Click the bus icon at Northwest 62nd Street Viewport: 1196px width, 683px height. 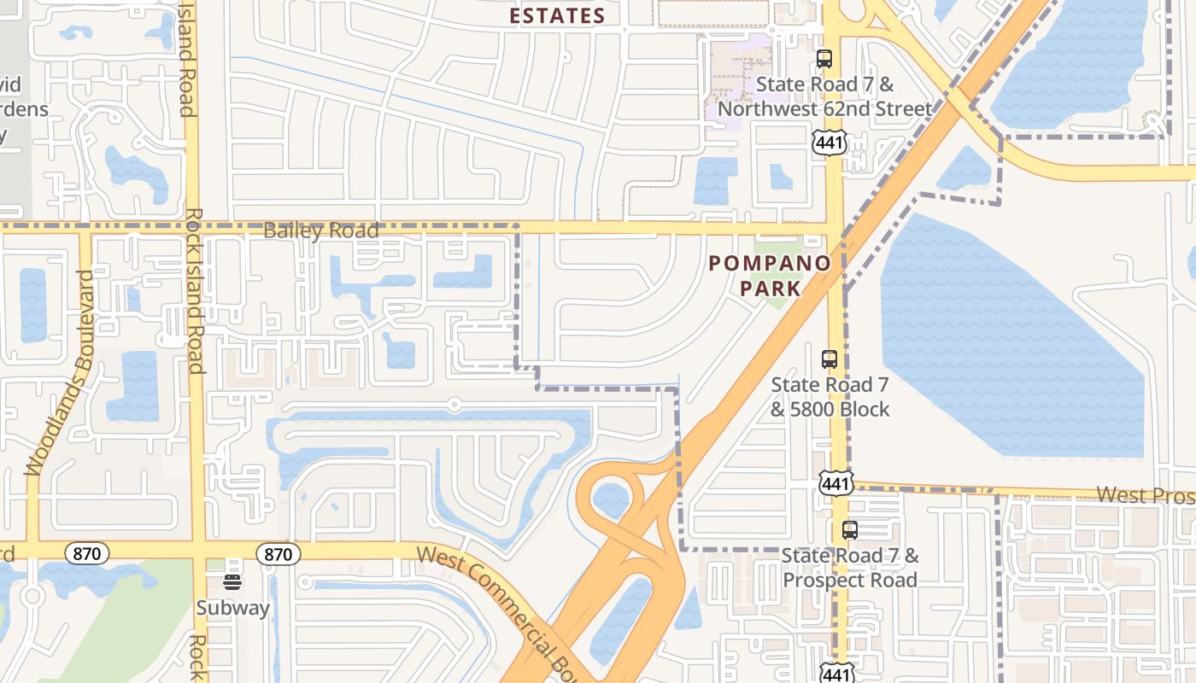[824, 59]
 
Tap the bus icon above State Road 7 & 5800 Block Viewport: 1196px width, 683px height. [829, 359]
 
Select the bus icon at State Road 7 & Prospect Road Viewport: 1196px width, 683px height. [849, 529]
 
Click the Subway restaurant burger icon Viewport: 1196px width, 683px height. [232, 582]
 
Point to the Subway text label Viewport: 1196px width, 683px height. [233, 608]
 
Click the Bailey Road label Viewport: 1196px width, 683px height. [320, 231]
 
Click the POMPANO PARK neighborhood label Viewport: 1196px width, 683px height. [770, 275]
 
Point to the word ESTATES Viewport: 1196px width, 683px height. [557, 15]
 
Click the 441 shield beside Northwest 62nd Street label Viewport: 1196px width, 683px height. [829, 142]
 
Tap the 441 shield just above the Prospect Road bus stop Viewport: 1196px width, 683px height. [835, 483]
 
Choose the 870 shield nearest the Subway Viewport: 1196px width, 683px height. [278, 554]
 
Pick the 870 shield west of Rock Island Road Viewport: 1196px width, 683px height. [86, 553]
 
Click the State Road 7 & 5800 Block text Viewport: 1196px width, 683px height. [830, 397]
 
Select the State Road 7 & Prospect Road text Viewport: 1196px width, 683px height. [850, 568]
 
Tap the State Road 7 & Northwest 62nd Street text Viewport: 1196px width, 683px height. [824, 96]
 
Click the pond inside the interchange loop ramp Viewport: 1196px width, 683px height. [610, 499]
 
